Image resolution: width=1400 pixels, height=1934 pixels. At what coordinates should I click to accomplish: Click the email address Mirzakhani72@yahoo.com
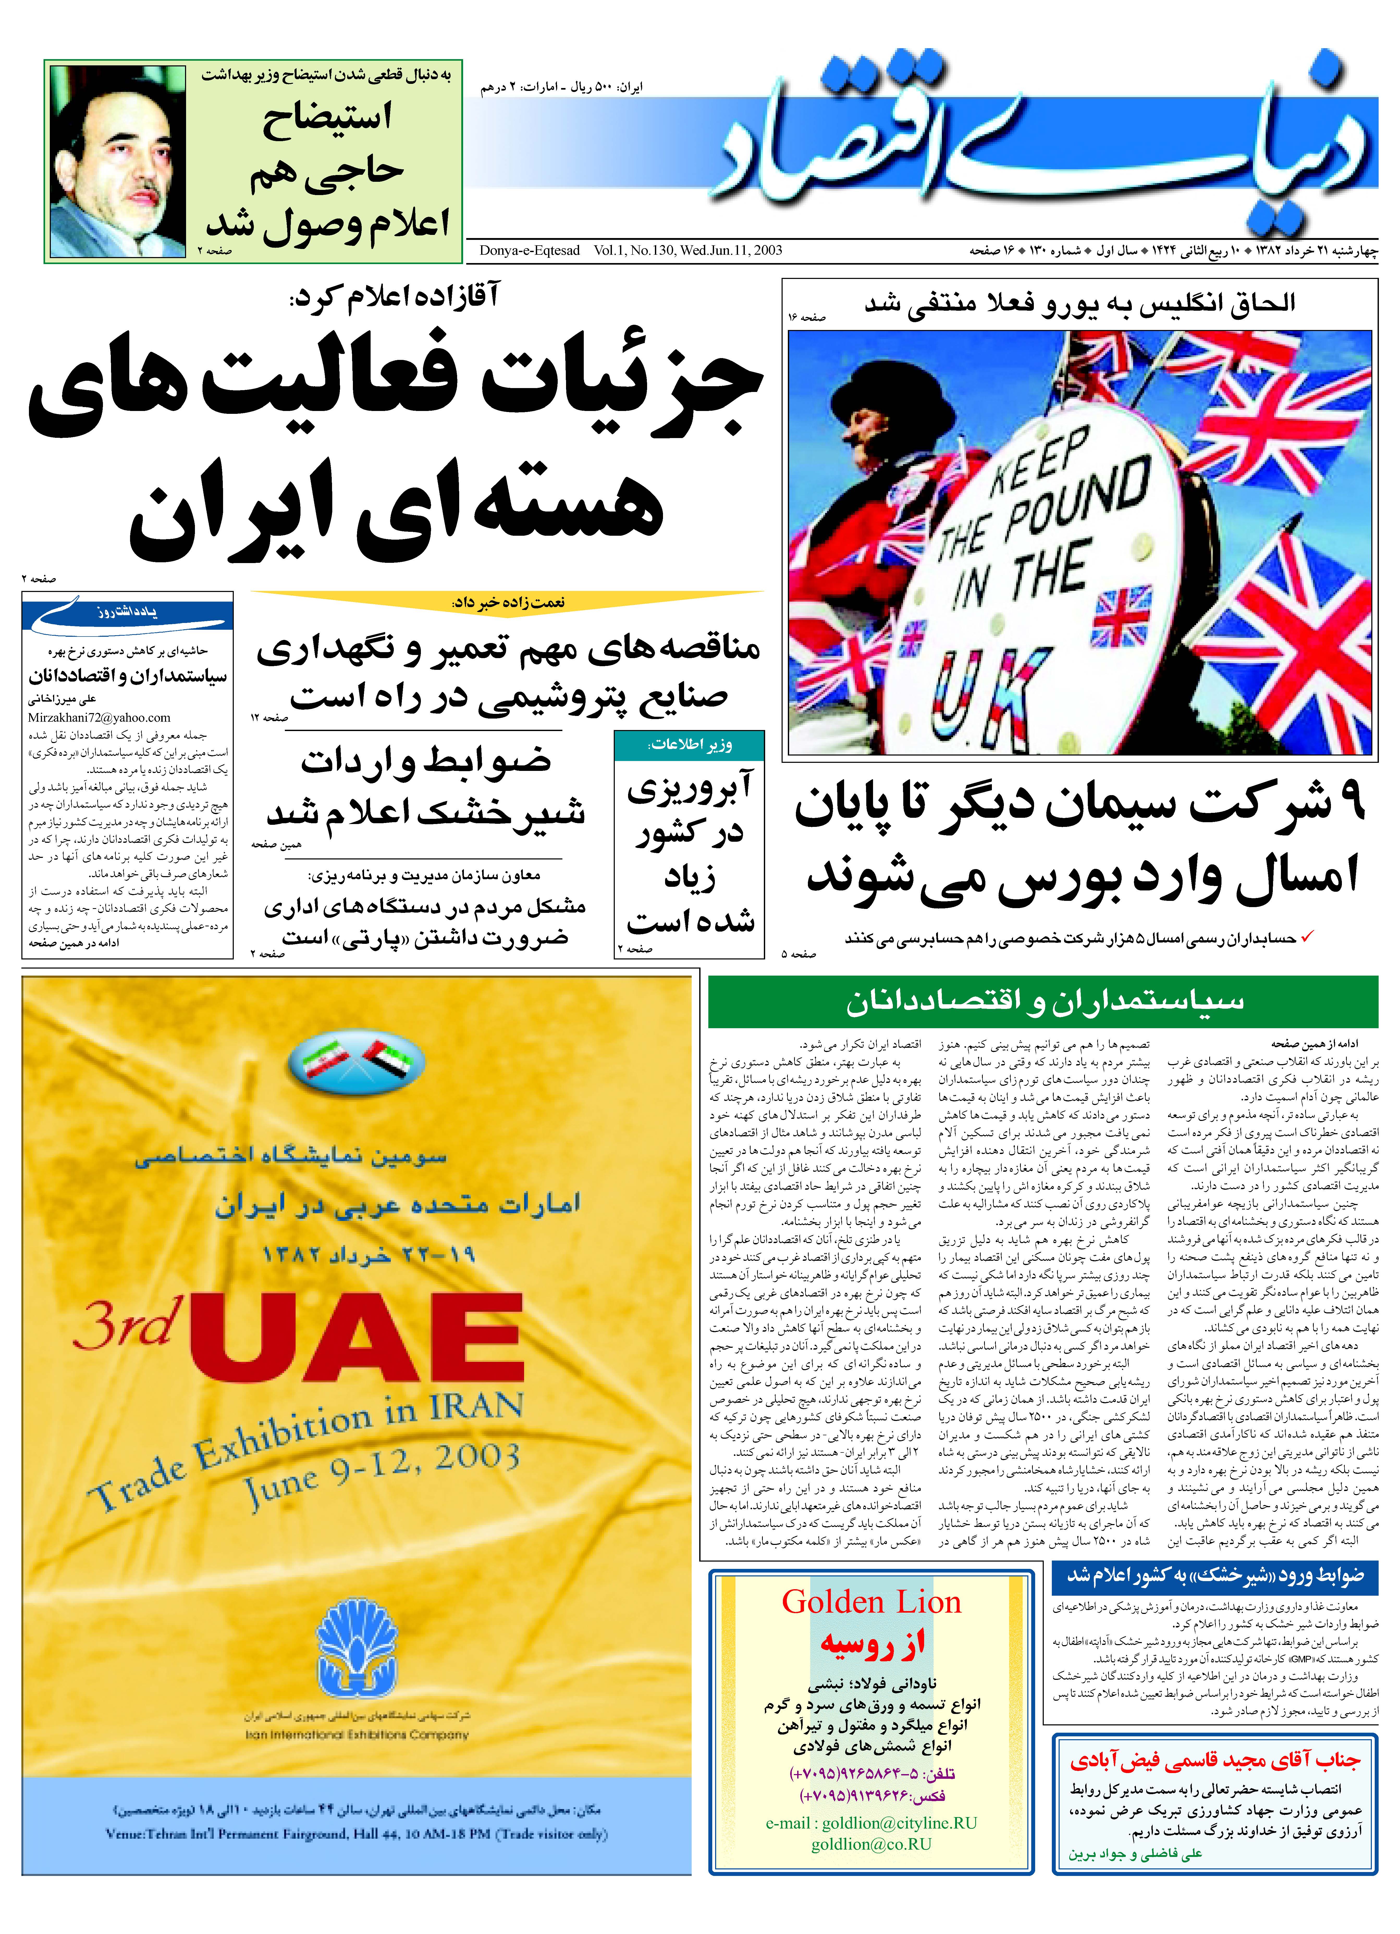[99, 718]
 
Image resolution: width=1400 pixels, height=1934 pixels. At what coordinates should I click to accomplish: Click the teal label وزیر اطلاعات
[689, 744]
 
